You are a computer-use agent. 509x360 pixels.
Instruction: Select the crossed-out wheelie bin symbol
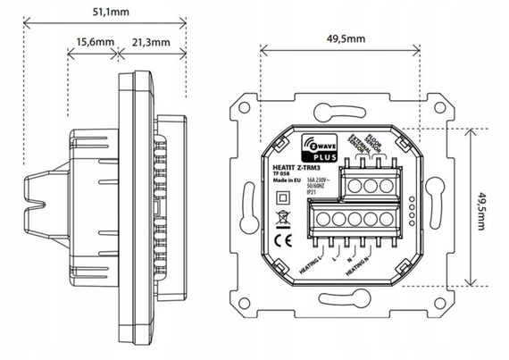280,216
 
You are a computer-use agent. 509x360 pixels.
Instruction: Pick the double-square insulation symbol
280,197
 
